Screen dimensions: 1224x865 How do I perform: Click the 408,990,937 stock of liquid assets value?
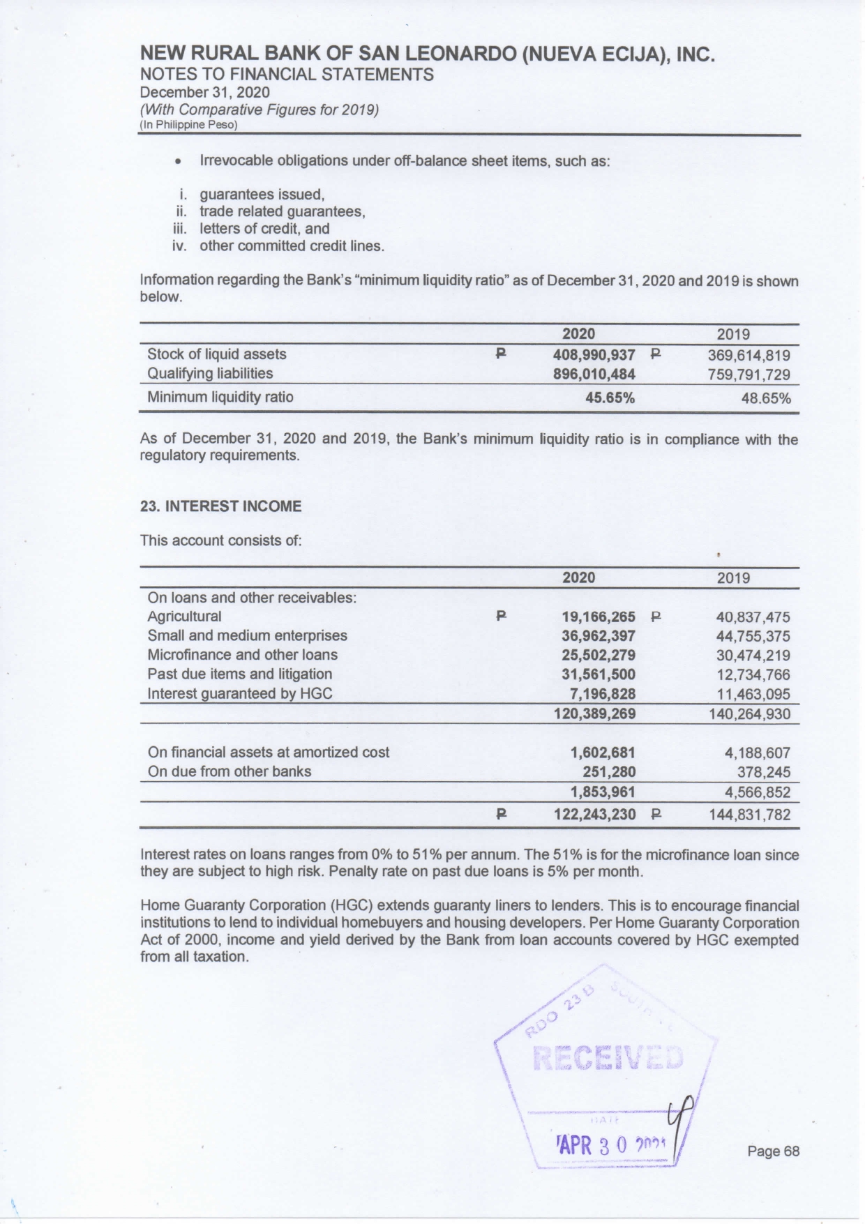point(594,354)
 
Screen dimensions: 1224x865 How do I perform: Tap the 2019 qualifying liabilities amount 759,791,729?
point(749,375)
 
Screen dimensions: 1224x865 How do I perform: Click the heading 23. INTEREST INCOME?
point(221,506)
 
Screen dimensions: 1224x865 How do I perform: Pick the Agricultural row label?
point(184,617)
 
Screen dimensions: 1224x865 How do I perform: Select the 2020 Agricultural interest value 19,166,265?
point(599,617)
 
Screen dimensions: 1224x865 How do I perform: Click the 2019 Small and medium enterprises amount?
point(753,637)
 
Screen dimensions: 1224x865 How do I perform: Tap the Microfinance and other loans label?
point(242,655)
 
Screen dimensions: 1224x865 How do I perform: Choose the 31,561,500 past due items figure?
point(599,674)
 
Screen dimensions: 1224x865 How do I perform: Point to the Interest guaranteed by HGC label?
point(239,693)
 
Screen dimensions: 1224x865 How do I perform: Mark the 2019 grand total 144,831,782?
point(749,815)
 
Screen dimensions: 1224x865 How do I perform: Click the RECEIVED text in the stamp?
point(608,1057)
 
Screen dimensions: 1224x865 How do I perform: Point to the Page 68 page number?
point(773,1151)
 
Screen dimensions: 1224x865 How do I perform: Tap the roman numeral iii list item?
point(264,229)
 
